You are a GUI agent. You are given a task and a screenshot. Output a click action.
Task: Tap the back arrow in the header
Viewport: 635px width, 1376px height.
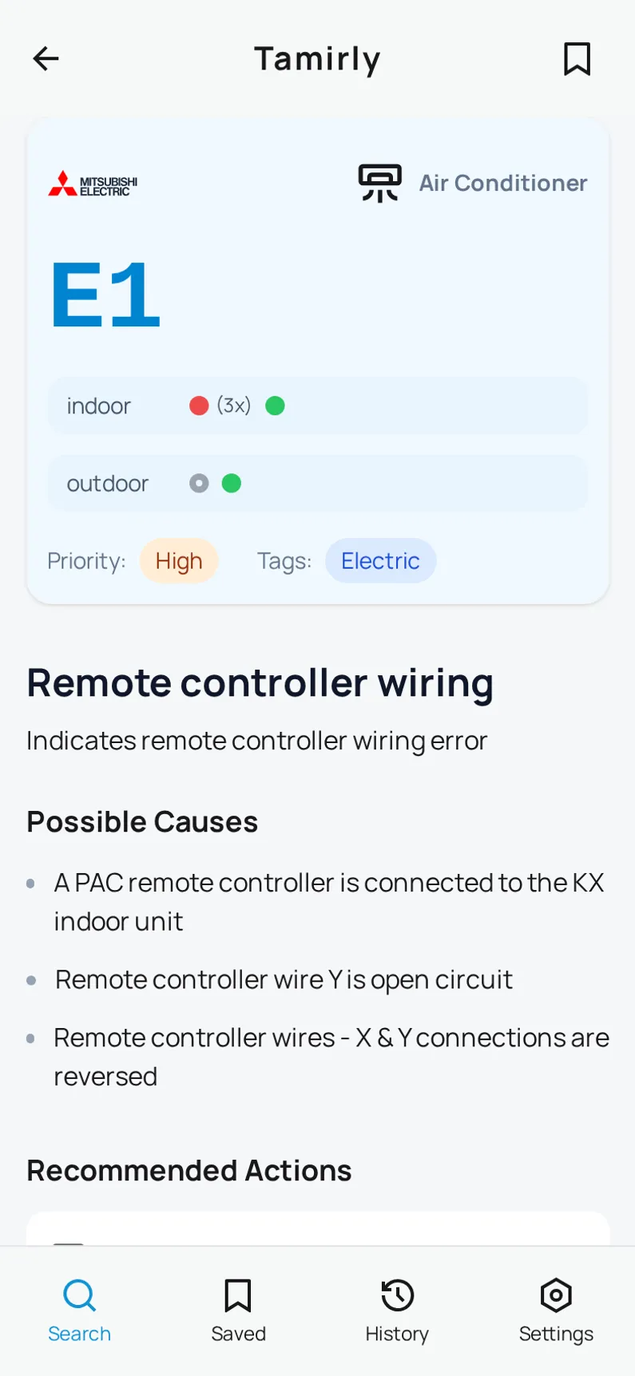[x=46, y=58]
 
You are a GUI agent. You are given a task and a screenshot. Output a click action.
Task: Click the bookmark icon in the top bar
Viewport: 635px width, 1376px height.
[x=577, y=59]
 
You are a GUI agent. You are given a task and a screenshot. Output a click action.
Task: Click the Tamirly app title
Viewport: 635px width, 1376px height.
[x=317, y=59]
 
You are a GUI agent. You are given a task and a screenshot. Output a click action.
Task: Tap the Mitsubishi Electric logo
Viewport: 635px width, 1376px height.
[x=93, y=184]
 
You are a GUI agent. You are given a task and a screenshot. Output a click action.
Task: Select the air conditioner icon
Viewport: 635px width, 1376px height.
[x=379, y=183]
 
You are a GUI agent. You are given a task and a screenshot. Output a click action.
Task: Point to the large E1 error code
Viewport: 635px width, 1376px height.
[x=105, y=295]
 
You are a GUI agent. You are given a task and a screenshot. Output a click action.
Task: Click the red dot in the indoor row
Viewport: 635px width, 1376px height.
[x=199, y=406]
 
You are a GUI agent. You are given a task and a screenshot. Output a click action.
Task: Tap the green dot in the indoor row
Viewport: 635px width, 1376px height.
[x=275, y=406]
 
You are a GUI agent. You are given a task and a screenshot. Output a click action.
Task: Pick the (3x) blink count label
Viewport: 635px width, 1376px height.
[x=234, y=405]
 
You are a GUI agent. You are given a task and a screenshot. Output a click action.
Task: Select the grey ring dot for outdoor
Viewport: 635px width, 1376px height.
[x=199, y=484]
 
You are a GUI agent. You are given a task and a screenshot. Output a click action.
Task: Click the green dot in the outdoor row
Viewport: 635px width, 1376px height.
[x=232, y=484]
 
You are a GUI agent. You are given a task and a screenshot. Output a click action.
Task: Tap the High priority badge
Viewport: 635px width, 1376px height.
[x=179, y=561]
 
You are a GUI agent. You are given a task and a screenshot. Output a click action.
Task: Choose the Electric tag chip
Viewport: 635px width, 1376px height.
[x=380, y=561]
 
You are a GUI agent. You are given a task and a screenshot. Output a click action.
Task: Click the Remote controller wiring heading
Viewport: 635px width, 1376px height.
[x=260, y=683]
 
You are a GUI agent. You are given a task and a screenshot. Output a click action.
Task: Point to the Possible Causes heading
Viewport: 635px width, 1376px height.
[x=142, y=822]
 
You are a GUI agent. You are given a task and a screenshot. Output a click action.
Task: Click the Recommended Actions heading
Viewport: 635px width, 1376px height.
[x=189, y=1171]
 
